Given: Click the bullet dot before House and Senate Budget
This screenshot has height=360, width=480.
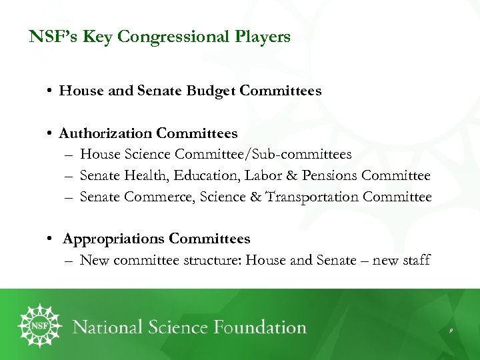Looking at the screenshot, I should point(51,91).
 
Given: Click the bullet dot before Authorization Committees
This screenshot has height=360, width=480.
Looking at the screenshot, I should point(51,134).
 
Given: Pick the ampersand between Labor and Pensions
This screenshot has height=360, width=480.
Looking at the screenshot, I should point(291,176).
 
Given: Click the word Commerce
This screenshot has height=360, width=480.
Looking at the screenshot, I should point(157,197).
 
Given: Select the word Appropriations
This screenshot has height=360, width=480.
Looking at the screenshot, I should point(113,239).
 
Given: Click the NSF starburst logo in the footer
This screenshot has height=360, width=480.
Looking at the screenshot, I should point(39,326).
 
